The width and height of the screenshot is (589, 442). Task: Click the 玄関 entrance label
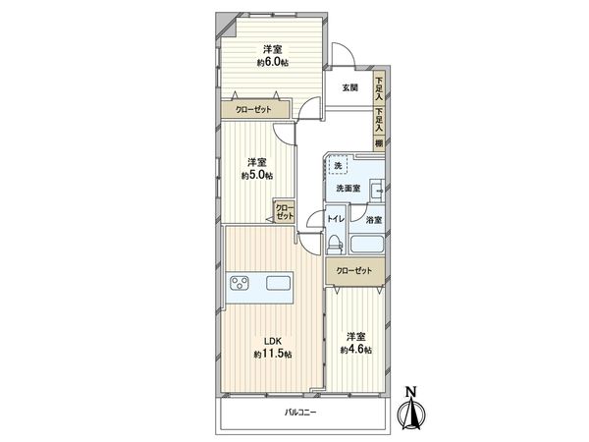pyautogui.click(x=349, y=88)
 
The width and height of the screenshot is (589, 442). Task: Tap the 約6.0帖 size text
pyautogui.click(x=272, y=62)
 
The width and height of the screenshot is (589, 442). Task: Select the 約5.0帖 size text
pyautogui.click(x=257, y=175)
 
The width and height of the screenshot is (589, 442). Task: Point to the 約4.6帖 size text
pyautogui.click(x=355, y=350)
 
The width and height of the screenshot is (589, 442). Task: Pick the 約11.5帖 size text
pyautogui.click(x=272, y=354)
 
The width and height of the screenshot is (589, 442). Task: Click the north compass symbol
pyautogui.click(x=412, y=408)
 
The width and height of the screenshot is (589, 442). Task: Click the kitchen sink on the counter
pyautogui.click(x=278, y=285)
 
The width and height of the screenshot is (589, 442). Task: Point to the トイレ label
pyautogui.click(x=334, y=221)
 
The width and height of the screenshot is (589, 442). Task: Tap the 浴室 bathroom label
pyautogui.click(x=374, y=221)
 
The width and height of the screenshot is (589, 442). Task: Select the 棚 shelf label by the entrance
pyautogui.click(x=379, y=141)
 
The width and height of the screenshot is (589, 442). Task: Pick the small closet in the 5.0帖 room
pyautogui.click(x=284, y=211)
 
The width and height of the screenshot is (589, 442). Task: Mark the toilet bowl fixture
pyautogui.click(x=335, y=241)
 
